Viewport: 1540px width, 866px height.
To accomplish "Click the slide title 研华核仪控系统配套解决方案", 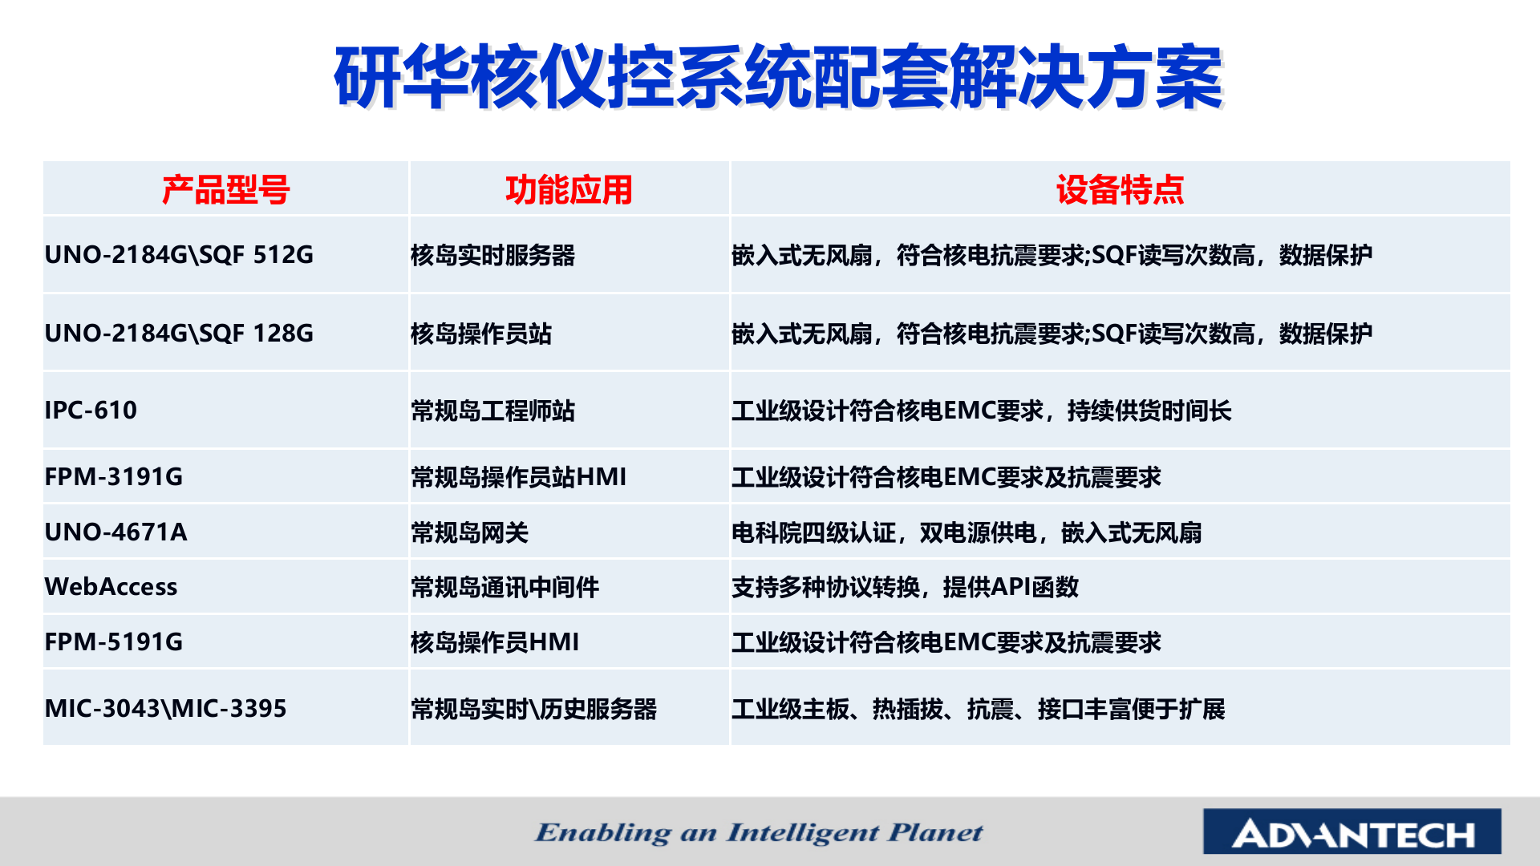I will coord(778,78).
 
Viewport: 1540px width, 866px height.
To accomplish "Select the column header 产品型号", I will coord(225,190).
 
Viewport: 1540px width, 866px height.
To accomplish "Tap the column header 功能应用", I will coord(569,190).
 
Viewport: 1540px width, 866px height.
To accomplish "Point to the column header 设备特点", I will coord(1120,190).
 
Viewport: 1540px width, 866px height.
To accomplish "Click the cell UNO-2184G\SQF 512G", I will coord(179,255).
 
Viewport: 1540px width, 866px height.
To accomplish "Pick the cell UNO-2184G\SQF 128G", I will coord(179,333).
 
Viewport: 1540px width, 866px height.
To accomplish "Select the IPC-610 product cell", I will coord(91,411).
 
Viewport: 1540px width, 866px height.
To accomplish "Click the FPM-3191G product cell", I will coord(114,477).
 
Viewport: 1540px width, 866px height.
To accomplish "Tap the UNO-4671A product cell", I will coord(116,532).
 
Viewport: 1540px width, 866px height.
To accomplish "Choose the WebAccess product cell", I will coord(111,587).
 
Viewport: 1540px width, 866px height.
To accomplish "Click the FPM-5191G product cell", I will coord(114,642).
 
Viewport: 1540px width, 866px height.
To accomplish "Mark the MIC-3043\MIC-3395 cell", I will coord(165,709).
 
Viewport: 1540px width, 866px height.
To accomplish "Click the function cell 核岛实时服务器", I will coord(492,255).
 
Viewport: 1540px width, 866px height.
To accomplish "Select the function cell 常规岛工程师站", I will coord(492,411).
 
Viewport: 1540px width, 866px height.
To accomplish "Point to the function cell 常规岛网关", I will coord(469,532).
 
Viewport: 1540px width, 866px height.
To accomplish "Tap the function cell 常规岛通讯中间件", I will coord(505,587).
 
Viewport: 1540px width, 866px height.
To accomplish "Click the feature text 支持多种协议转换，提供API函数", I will coord(905,587).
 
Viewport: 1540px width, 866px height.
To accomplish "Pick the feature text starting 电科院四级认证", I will coord(966,532).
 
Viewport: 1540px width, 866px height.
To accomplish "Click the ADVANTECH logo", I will coord(1352,833).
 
